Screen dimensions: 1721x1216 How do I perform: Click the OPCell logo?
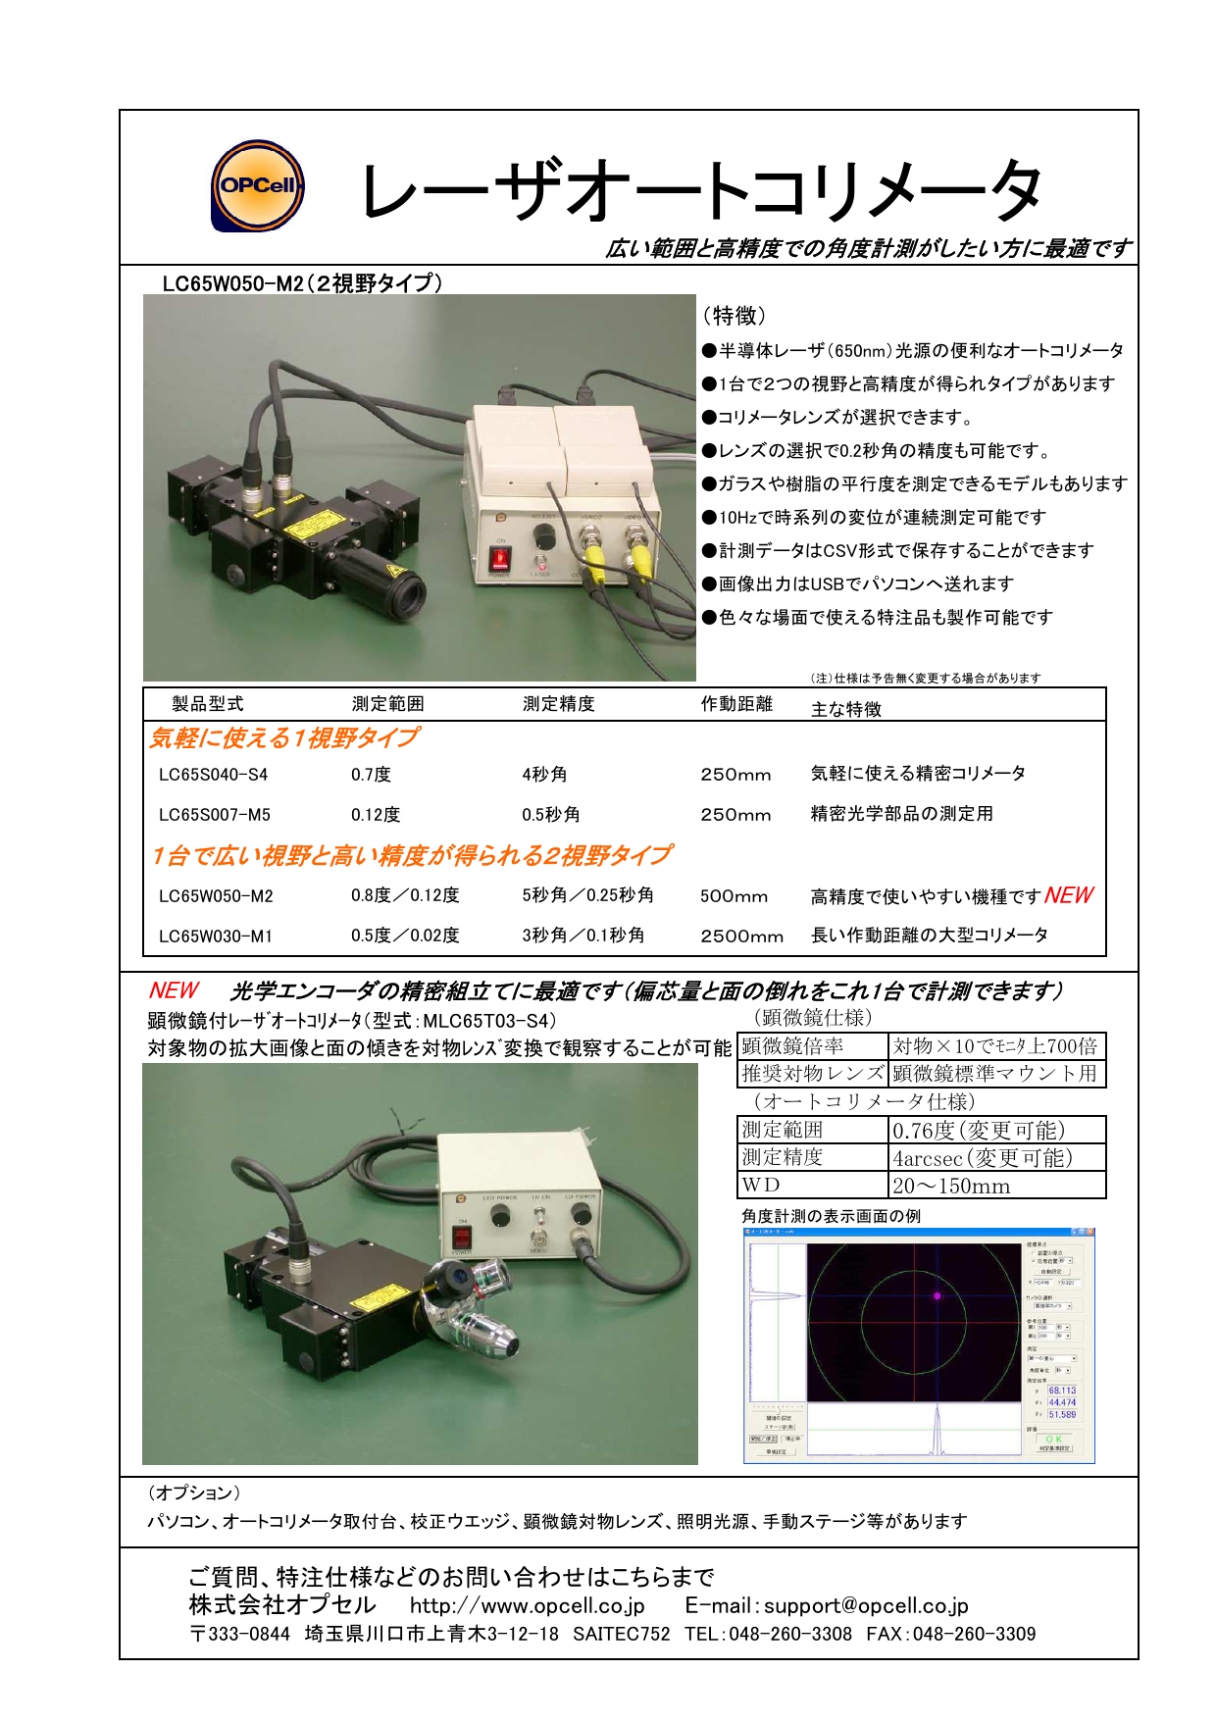coord(258,185)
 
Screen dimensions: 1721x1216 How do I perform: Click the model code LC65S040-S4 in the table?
coord(213,775)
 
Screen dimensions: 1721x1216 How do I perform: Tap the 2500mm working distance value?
coord(741,936)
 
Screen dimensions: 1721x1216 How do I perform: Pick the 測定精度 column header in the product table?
coord(558,704)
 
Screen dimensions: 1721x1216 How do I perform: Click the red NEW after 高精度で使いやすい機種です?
coord(1068,895)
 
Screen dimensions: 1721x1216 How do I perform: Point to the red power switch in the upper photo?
coord(500,559)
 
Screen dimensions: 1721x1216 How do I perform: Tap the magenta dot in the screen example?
coord(937,1296)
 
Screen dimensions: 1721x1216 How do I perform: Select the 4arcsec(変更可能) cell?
coord(983,1158)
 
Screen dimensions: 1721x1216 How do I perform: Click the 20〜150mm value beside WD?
coord(951,1186)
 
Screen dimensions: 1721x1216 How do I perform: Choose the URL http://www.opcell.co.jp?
coord(527,1605)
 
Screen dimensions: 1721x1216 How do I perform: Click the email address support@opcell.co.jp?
coord(866,1605)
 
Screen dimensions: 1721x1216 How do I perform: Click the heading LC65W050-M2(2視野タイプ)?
coord(302,283)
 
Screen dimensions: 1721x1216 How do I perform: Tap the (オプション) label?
coord(194,1493)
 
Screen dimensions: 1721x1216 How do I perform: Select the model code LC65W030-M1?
coord(216,936)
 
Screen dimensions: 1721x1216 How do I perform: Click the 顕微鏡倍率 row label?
coord(792,1046)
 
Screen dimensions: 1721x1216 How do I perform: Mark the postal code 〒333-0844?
coord(239,1634)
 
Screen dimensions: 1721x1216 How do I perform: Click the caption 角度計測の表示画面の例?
coord(831,1216)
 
